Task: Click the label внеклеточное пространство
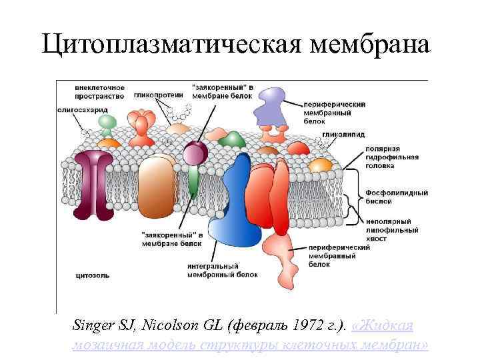coord(82,92)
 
